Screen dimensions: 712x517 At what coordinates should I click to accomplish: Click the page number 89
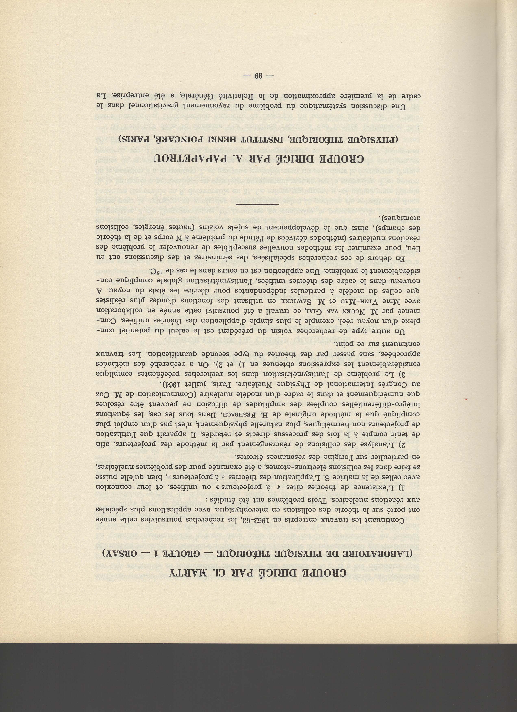(x=259, y=76)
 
